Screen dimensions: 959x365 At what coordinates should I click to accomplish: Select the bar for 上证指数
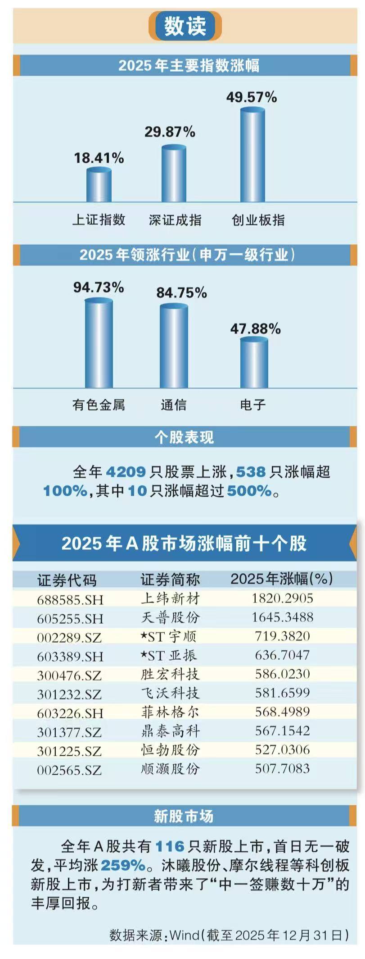point(99,185)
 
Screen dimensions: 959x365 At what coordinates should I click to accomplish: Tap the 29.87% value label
point(170,132)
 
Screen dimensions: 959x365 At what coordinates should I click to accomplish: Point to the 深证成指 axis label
point(175,220)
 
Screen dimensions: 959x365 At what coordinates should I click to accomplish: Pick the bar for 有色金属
point(99,343)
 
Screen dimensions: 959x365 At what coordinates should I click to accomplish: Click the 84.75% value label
point(181,293)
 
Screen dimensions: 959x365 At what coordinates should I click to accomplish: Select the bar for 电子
point(254,363)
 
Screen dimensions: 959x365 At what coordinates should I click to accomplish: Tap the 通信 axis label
point(174,405)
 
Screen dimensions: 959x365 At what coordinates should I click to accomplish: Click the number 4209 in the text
point(126,472)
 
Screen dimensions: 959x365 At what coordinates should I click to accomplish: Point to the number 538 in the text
point(251,472)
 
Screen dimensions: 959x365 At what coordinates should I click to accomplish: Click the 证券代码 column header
point(67,580)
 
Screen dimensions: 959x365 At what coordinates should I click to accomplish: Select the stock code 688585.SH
point(70,600)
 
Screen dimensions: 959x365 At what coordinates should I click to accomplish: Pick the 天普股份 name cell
point(170,617)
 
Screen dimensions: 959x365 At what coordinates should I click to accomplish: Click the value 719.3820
point(282,636)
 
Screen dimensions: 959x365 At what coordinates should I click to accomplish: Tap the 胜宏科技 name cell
point(170,674)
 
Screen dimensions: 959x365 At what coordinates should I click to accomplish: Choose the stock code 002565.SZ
point(69,770)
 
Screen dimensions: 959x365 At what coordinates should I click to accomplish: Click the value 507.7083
point(282,768)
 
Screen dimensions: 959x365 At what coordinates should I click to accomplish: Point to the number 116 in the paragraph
point(170,846)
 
